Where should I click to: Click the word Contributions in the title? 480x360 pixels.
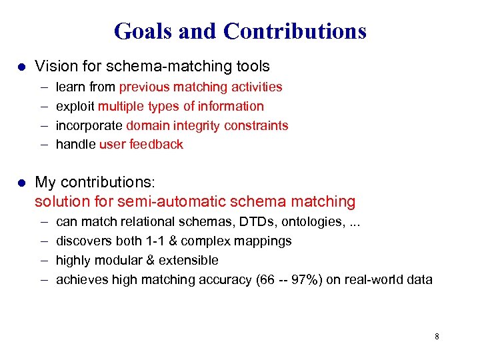(295, 31)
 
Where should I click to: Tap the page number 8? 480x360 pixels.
(437, 337)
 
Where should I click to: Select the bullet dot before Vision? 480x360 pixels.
(21, 67)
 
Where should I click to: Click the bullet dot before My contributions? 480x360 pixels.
(21, 182)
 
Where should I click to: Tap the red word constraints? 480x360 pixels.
(257, 125)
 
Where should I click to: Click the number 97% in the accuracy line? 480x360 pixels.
(305, 280)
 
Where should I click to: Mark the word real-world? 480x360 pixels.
(371, 280)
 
